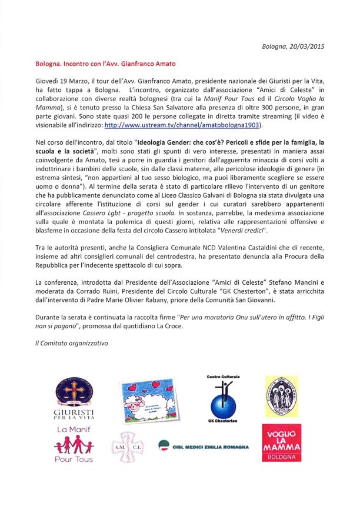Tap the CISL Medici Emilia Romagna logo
(x=204, y=446)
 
